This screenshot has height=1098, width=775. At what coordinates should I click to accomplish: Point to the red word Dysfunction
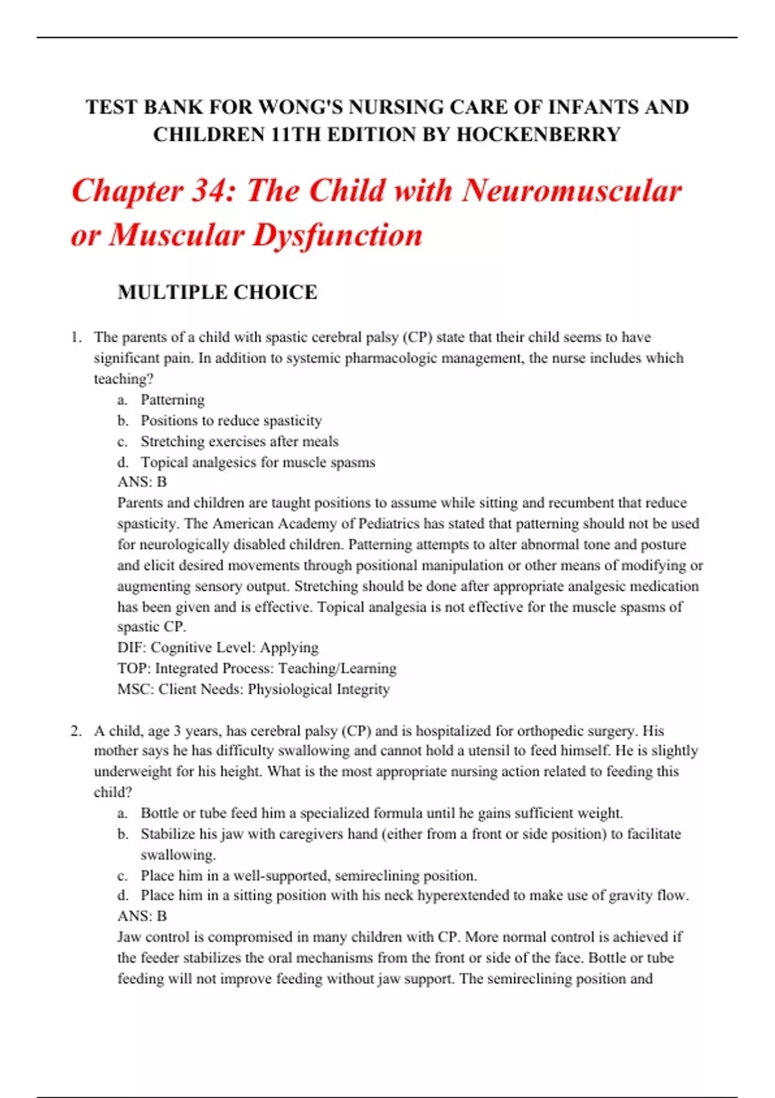pos(337,235)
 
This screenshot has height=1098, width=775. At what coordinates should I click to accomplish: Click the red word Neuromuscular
pos(572,192)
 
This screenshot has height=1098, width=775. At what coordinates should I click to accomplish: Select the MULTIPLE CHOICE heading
pos(217,292)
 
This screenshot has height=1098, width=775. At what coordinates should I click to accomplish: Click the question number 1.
pos(76,337)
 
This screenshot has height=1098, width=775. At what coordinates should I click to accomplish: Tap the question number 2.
pos(76,731)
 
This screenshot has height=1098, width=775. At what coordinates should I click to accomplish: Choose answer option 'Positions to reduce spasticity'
pos(231,420)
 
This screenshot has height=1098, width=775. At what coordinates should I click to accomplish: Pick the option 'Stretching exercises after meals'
pos(240,441)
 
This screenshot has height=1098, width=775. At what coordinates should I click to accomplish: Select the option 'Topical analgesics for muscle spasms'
pos(258,462)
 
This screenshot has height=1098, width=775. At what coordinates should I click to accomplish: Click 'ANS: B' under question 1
pos(142,482)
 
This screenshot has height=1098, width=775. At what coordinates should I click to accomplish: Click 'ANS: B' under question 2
pos(142,916)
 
